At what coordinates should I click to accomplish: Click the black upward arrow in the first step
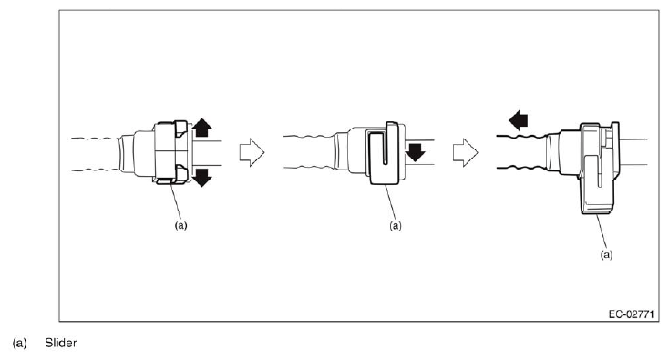click(x=201, y=128)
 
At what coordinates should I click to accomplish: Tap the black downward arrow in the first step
click(x=201, y=178)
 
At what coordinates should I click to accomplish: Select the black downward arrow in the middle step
click(x=415, y=152)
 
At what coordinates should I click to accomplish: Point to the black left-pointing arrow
click(x=519, y=120)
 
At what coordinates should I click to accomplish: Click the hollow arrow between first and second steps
click(x=252, y=152)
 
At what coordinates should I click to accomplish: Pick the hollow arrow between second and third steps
click(x=465, y=152)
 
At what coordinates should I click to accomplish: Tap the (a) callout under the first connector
click(x=180, y=225)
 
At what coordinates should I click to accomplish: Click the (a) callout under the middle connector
click(x=396, y=225)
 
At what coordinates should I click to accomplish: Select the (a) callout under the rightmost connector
click(x=606, y=254)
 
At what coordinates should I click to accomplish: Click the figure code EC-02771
click(x=631, y=314)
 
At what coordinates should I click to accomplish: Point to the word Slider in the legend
click(x=61, y=343)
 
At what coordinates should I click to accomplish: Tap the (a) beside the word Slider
click(x=20, y=343)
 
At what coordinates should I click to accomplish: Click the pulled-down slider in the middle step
click(x=384, y=153)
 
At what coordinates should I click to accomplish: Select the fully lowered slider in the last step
click(x=599, y=169)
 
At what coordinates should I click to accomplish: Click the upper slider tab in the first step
click(x=180, y=129)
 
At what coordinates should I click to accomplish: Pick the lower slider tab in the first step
click(x=180, y=173)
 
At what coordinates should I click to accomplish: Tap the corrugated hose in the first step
click(x=95, y=154)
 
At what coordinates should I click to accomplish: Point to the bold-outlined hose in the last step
click(x=522, y=152)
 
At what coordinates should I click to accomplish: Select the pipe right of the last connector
click(x=633, y=152)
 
